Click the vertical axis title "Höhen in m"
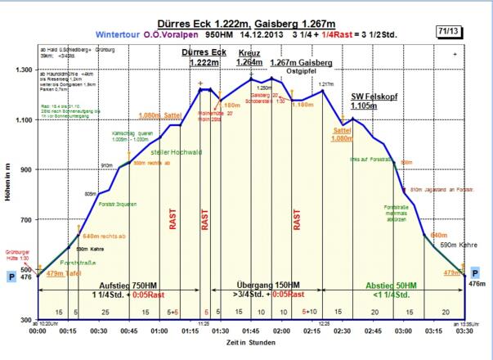[8, 194]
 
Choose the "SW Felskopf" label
[374, 97]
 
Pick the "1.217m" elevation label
[327, 84]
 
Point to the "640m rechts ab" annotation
[103, 236]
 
